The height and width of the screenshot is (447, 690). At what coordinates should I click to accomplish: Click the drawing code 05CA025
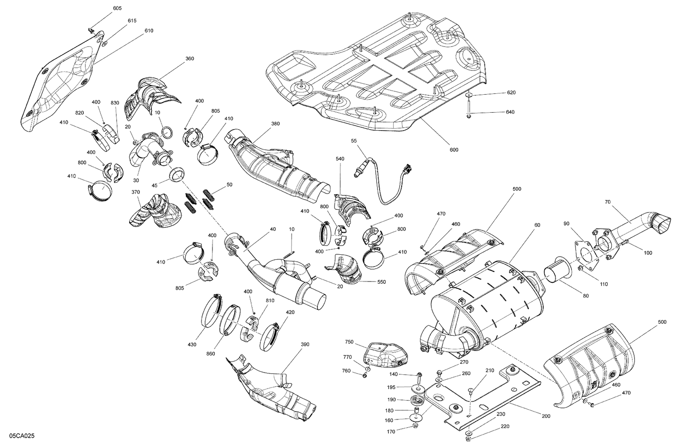click(x=22, y=435)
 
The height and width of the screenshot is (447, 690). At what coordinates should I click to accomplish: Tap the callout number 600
click(x=454, y=149)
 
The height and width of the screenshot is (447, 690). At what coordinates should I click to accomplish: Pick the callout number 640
click(x=510, y=112)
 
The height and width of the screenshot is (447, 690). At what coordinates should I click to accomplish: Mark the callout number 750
click(x=349, y=342)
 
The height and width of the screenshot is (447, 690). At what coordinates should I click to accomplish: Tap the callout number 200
click(x=546, y=416)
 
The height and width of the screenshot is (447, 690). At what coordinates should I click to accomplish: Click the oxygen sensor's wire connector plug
click(x=405, y=170)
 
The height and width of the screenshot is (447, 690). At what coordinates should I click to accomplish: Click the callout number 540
click(x=340, y=159)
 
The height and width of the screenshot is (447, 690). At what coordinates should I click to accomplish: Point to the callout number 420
click(x=290, y=312)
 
